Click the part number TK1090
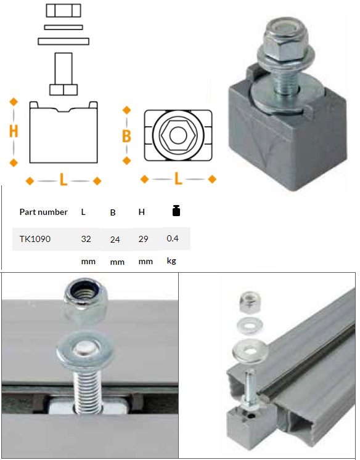[35, 239]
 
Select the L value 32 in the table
[86, 239]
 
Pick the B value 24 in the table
[115, 240]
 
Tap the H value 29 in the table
[143, 239]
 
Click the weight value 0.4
[173, 238]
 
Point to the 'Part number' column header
[43, 212]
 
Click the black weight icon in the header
[176, 211]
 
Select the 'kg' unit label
[171, 261]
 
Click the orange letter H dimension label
[14, 131]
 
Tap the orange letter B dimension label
[126, 136]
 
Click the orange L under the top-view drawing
[178, 179]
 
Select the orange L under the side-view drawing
[63, 180]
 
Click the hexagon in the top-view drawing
[178, 135]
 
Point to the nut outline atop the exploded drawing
[63, 10]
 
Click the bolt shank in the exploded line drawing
[63, 68]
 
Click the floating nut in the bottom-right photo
[250, 302]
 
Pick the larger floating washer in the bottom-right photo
[250, 350]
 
